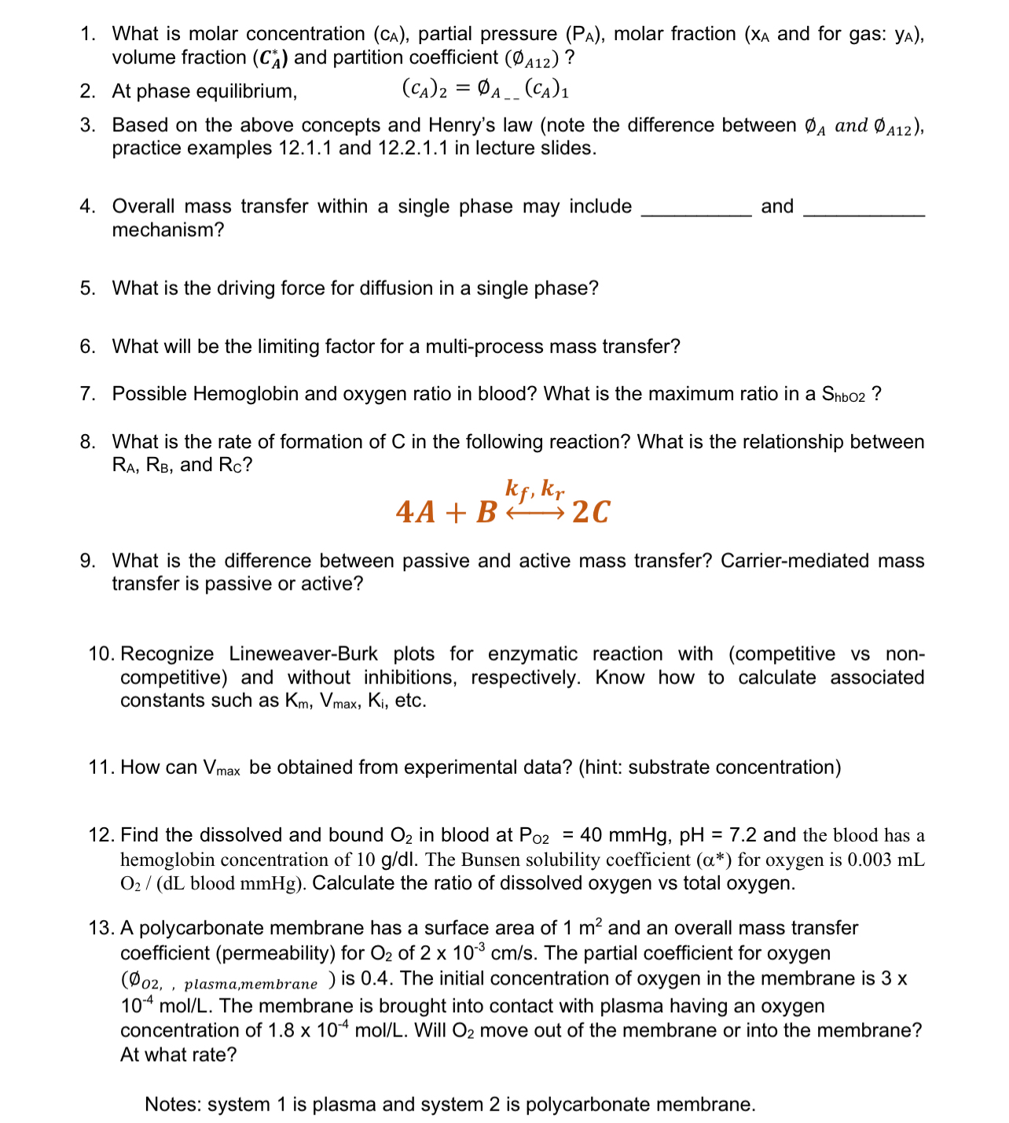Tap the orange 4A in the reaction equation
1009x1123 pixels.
tap(416, 512)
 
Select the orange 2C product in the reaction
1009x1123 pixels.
tap(591, 512)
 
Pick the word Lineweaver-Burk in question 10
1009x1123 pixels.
tap(303, 654)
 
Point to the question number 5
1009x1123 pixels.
tap(87, 289)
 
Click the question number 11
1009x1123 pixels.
tap(101, 768)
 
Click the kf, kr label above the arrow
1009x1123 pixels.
tap(534, 489)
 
